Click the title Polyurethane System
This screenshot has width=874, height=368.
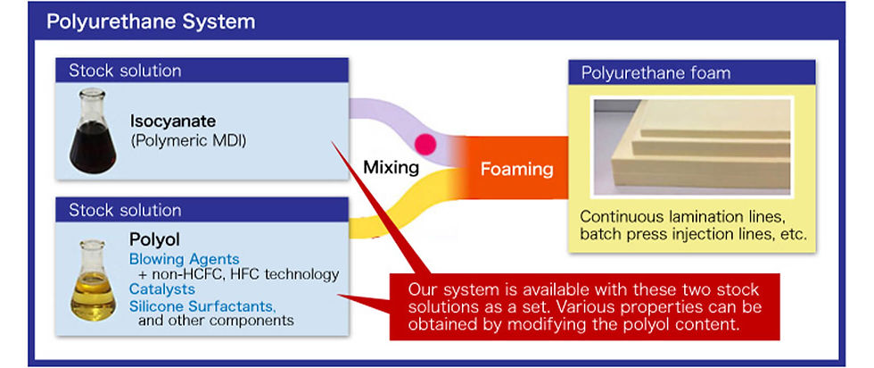pos(151,21)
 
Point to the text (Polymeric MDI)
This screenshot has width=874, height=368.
pos(188,141)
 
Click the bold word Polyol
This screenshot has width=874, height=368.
pos(154,240)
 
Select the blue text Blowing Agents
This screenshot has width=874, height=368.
pos(184,260)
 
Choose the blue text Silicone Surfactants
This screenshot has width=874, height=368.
pos(203,306)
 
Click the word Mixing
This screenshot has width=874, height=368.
pos(391,167)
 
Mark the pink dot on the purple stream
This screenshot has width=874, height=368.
pos(426,144)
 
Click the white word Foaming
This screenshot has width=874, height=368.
pos(516,169)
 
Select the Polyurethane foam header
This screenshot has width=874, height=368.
pos(692,72)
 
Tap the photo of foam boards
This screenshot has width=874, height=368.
pos(692,146)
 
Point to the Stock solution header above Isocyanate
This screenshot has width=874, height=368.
pos(202,71)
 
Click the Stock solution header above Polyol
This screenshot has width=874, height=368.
pos(202,210)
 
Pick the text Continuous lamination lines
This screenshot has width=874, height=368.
pos(684,217)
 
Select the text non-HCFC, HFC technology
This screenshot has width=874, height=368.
pos(243,275)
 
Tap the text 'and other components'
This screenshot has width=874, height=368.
pos(216,321)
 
